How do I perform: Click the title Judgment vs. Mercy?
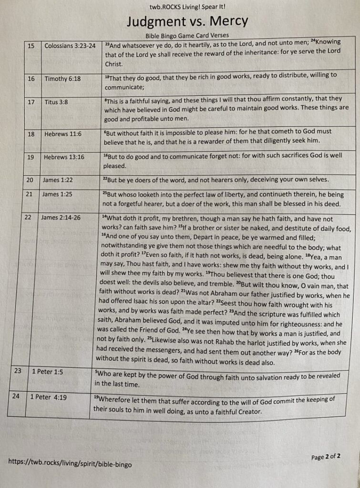point(187,21)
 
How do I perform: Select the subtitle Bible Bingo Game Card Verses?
point(187,35)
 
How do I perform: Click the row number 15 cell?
point(31,46)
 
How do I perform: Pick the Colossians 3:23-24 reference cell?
point(70,46)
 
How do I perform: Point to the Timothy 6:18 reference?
point(62,79)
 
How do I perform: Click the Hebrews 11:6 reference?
point(63,134)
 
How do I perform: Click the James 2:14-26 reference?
point(61,218)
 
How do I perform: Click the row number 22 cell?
point(28,217)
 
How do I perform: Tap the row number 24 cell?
point(17,396)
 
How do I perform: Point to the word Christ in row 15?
point(113,63)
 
